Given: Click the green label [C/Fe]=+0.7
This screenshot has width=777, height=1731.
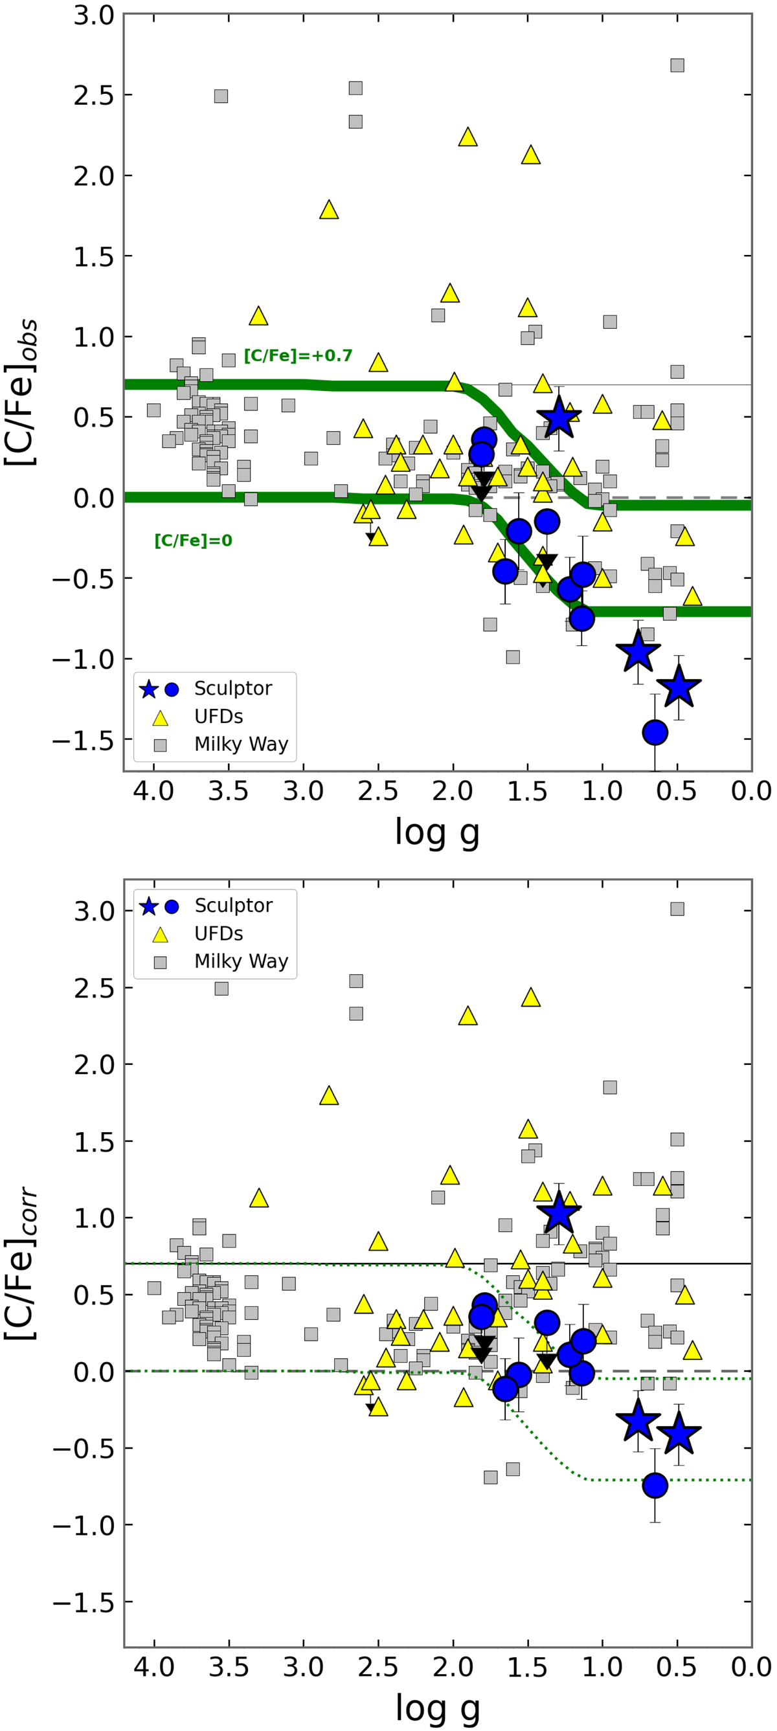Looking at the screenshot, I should click(x=298, y=355).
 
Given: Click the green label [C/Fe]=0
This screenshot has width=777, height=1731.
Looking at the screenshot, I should click(x=193, y=541).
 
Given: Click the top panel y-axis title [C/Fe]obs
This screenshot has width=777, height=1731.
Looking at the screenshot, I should click(x=21, y=393).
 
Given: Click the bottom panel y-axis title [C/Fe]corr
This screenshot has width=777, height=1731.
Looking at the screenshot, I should click(x=21, y=1264).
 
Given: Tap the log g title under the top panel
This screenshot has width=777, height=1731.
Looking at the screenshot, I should click(x=437, y=832).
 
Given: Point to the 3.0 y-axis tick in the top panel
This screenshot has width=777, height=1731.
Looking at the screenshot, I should click(x=94, y=15).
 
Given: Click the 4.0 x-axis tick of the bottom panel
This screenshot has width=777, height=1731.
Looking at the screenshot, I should click(x=154, y=1667).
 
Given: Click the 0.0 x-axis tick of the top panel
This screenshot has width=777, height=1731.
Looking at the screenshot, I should click(x=751, y=791).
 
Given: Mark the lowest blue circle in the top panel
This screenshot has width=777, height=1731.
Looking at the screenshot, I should click(x=655, y=731).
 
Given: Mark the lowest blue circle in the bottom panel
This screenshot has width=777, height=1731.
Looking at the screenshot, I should click(x=655, y=1485).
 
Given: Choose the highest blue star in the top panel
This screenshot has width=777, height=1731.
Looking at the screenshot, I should click(x=559, y=418).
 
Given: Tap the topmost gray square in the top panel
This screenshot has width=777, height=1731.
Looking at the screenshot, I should click(x=677, y=65).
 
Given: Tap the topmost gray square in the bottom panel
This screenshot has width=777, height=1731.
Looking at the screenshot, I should click(x=677, y=908).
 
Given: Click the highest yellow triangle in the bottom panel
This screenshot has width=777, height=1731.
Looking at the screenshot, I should click(x=531, y=998).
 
